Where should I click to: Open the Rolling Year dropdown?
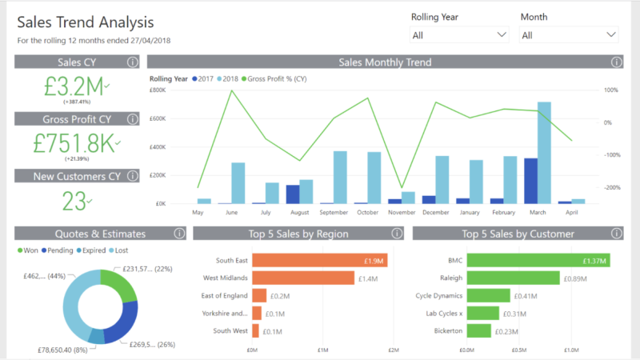tap(459, 35)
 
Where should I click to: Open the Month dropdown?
tap(569, 35)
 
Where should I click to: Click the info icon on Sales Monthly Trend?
tap(616, 62)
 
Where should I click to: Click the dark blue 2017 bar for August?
tap(293, 194)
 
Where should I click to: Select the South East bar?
tap(319, 260)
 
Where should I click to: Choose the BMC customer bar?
tap(538, 260)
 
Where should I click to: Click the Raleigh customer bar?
tap(512, 278)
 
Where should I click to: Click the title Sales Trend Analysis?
tap(86, 22)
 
